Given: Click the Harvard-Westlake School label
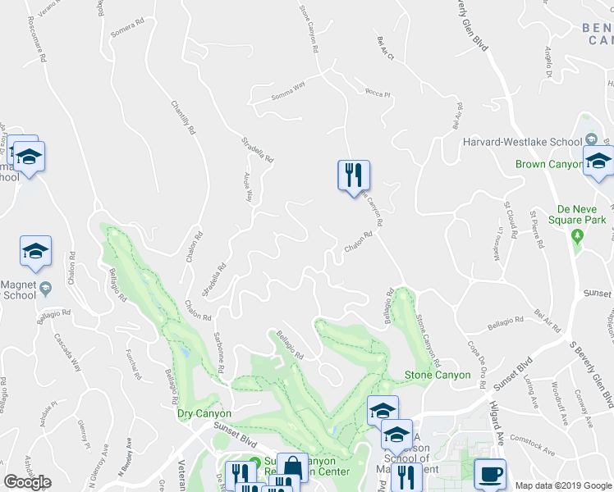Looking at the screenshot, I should (521, 141).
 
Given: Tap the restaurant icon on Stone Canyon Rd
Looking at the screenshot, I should (354, 175).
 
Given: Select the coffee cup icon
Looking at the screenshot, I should (490, 474).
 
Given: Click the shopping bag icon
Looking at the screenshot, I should (292, 467).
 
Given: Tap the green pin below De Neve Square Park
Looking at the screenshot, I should (578, 236).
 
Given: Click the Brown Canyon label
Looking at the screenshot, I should (548, 164).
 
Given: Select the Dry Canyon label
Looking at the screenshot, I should (204, 413).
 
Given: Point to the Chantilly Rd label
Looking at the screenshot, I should (183, 117).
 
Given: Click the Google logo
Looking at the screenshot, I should (28, 482).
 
